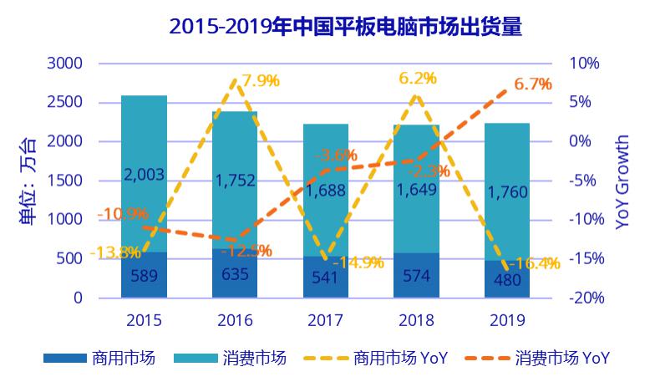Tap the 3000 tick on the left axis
point(64,64)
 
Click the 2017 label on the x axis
point(326,320)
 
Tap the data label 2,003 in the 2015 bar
point(144,174)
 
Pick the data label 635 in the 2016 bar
point(235,273)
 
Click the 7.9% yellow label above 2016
point(260,81)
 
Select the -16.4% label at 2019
point(534,262)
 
